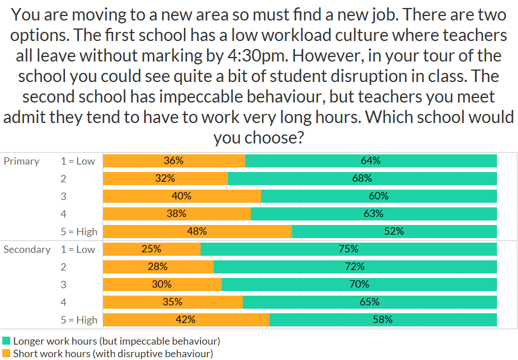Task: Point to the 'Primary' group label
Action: coord(22,161)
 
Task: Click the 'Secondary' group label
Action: coord(27,249)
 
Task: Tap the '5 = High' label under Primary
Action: coord(79,232)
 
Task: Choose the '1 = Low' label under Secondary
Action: coord(78,249)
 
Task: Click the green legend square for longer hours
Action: coord(6,341)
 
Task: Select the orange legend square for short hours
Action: coord(6,354)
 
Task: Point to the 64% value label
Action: coord(370,161)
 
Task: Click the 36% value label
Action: coord(174,161)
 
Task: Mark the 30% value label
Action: coord(162,284)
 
